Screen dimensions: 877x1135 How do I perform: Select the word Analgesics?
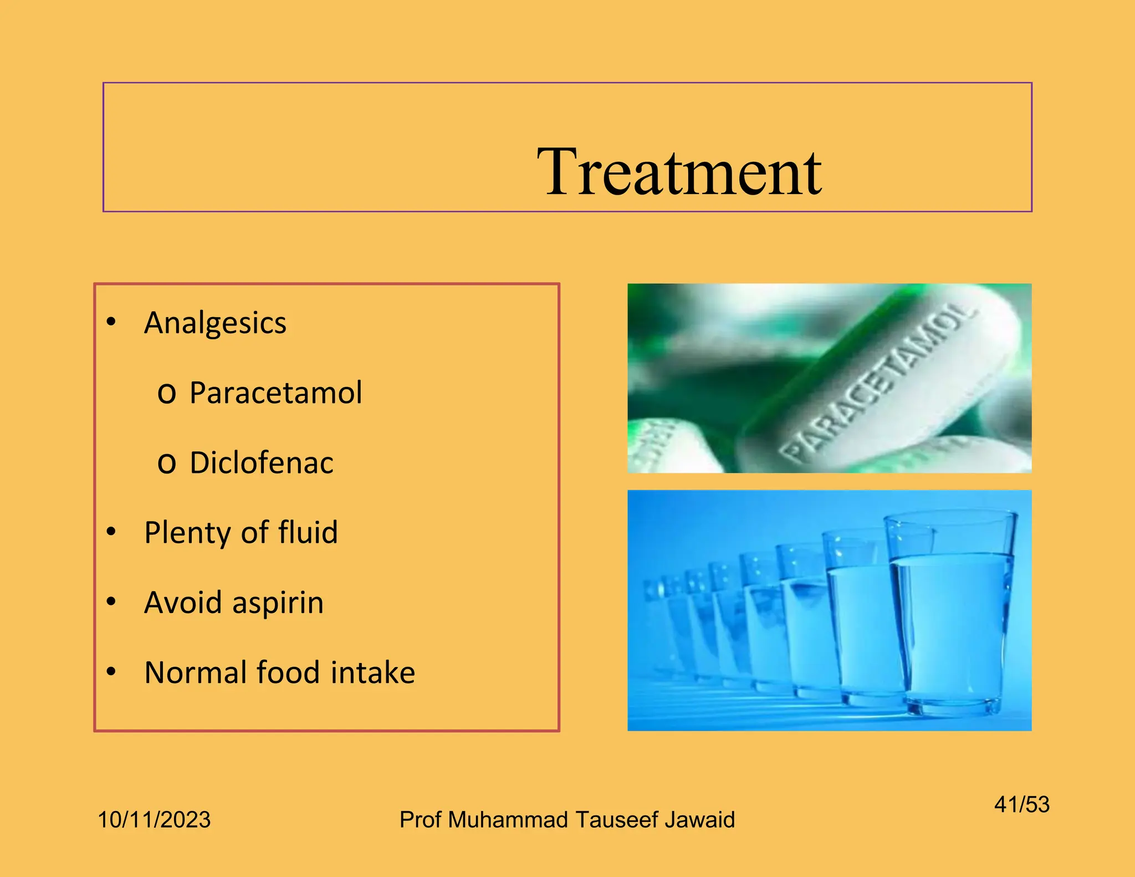215,323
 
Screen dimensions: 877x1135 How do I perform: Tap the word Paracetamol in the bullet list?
275,392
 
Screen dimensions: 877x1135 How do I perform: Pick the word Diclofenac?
262,463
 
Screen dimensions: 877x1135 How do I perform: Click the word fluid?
308,532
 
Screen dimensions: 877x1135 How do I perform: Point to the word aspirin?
278,603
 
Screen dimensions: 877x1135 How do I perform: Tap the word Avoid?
183,603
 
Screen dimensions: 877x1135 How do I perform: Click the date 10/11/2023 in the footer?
154,819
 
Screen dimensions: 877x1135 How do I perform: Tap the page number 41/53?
1021,804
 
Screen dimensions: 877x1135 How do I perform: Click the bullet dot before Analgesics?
111,322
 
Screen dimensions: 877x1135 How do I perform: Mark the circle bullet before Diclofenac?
166,463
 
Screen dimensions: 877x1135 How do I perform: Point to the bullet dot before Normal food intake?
111,671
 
